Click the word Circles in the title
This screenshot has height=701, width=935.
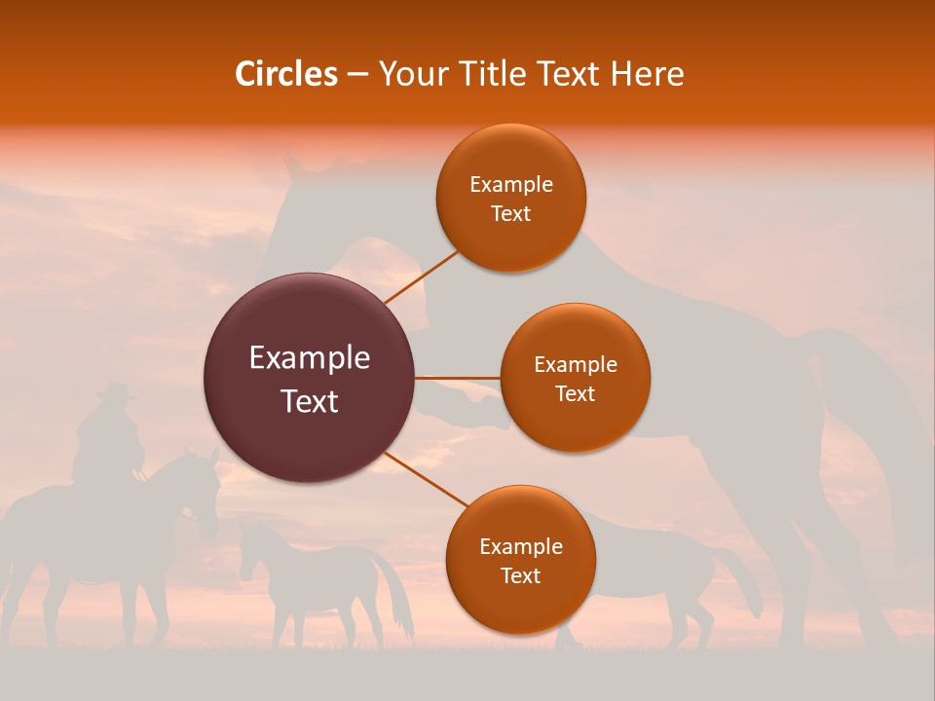tap(286, 74)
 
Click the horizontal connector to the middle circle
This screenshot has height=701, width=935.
tap(458, 378)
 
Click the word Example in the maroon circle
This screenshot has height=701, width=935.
tap(309, 358)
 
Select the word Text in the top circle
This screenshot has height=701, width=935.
tap(510, 213)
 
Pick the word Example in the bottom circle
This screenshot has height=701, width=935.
tap(520, 546)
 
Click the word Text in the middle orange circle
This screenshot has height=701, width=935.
tap(575, 393)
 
